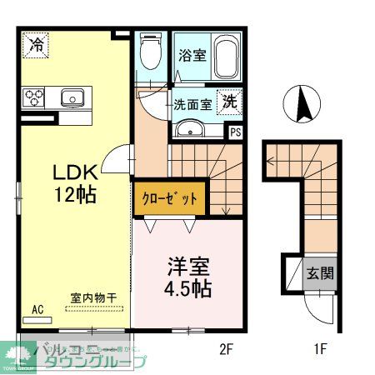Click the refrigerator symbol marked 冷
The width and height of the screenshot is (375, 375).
click(37, 44)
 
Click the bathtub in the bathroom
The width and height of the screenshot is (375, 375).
click(224, 56)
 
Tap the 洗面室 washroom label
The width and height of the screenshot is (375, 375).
click(191, 106)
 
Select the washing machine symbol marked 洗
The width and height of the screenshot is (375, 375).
click(228, 102)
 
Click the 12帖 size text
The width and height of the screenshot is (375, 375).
click(76, 197)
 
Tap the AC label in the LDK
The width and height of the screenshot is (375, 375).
click(38, 309)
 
